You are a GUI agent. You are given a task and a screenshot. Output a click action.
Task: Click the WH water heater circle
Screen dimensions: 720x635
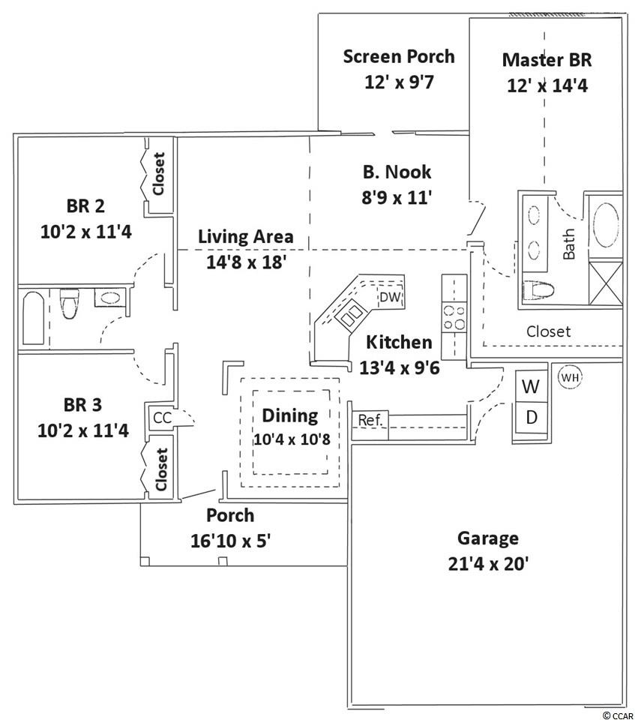click(570, 377)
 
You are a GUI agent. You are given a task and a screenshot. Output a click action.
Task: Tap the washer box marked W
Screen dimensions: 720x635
click(531, 387)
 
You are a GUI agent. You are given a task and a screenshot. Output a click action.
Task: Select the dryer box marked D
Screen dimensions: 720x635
click(531, 418)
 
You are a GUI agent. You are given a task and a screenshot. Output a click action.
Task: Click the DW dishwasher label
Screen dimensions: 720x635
click(390, 298)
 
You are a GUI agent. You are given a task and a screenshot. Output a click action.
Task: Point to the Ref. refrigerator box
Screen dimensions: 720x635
click(370, 421)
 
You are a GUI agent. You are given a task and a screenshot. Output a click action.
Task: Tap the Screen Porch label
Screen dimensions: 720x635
click(398, 56)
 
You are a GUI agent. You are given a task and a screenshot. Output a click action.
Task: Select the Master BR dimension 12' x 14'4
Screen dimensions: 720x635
click(547, 85)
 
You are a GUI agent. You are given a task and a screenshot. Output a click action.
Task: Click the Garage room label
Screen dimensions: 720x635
click(487, 538)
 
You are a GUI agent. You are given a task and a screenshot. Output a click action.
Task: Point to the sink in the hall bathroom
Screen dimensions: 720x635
click(109, 298)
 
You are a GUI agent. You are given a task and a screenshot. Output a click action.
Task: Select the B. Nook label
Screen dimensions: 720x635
click(397, 172)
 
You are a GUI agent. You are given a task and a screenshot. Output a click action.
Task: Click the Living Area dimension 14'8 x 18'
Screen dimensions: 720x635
click(245, 262)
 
